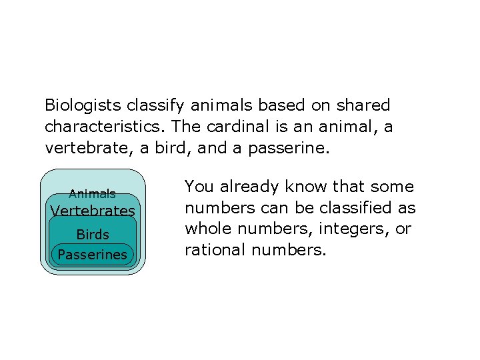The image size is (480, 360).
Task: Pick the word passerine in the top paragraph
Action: pos(288,148)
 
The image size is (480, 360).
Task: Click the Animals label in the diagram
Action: pos(93,194)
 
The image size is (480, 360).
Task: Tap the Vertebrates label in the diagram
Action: pos(93,211)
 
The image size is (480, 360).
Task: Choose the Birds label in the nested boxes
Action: pos(93,235)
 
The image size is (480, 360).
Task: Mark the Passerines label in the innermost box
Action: pos(93,255)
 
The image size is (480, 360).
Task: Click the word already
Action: pos(246,187)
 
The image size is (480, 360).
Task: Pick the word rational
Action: pos(213,251)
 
